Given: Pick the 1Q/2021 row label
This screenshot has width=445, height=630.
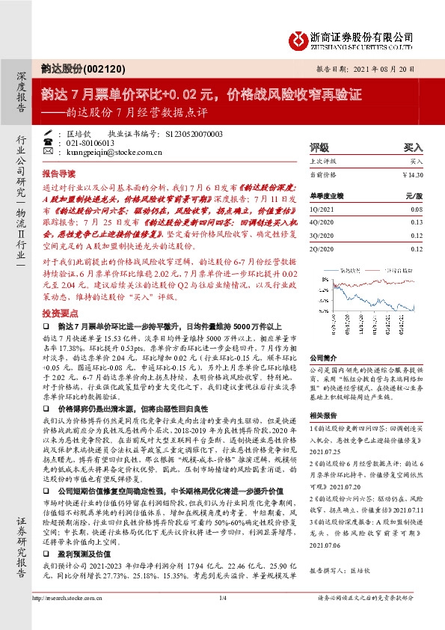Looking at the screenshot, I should [319, 210].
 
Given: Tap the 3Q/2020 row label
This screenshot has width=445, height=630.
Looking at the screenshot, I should [320, 234].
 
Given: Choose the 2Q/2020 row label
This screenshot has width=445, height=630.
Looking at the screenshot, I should [320, 246].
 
